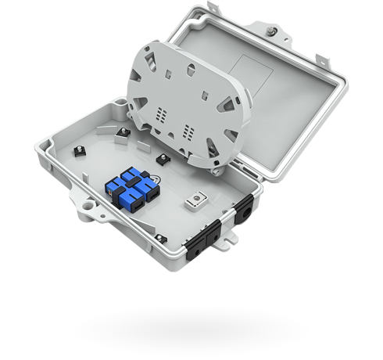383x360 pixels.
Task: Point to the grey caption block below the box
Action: [x=191, y=326]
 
